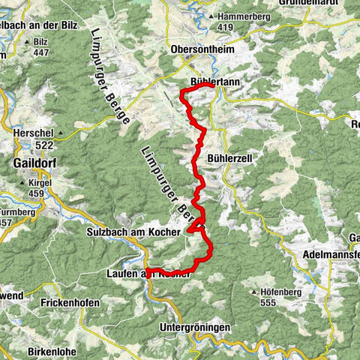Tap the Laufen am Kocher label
pyautogui.click(x=147, y=275)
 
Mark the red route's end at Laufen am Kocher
pyautogui.click(x=147, y=270)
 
